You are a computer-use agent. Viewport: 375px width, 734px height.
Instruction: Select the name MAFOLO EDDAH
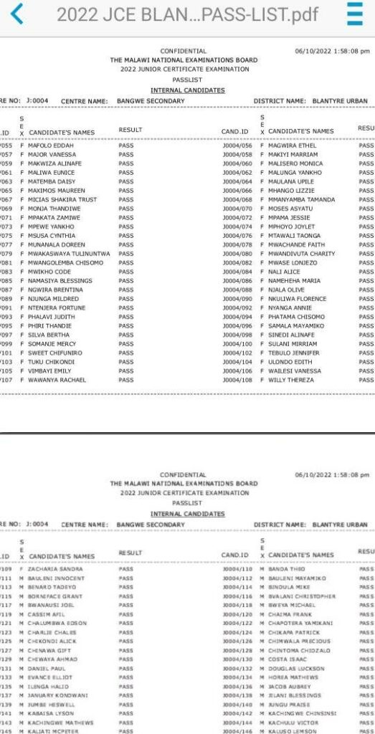(x=49, y=146)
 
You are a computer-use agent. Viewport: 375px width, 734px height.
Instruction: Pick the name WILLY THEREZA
(x=290, y=380)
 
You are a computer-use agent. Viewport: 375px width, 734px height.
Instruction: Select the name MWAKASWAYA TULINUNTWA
(x=69, y=254)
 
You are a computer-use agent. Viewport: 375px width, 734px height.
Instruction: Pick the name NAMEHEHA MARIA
(x=294, y=281)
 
